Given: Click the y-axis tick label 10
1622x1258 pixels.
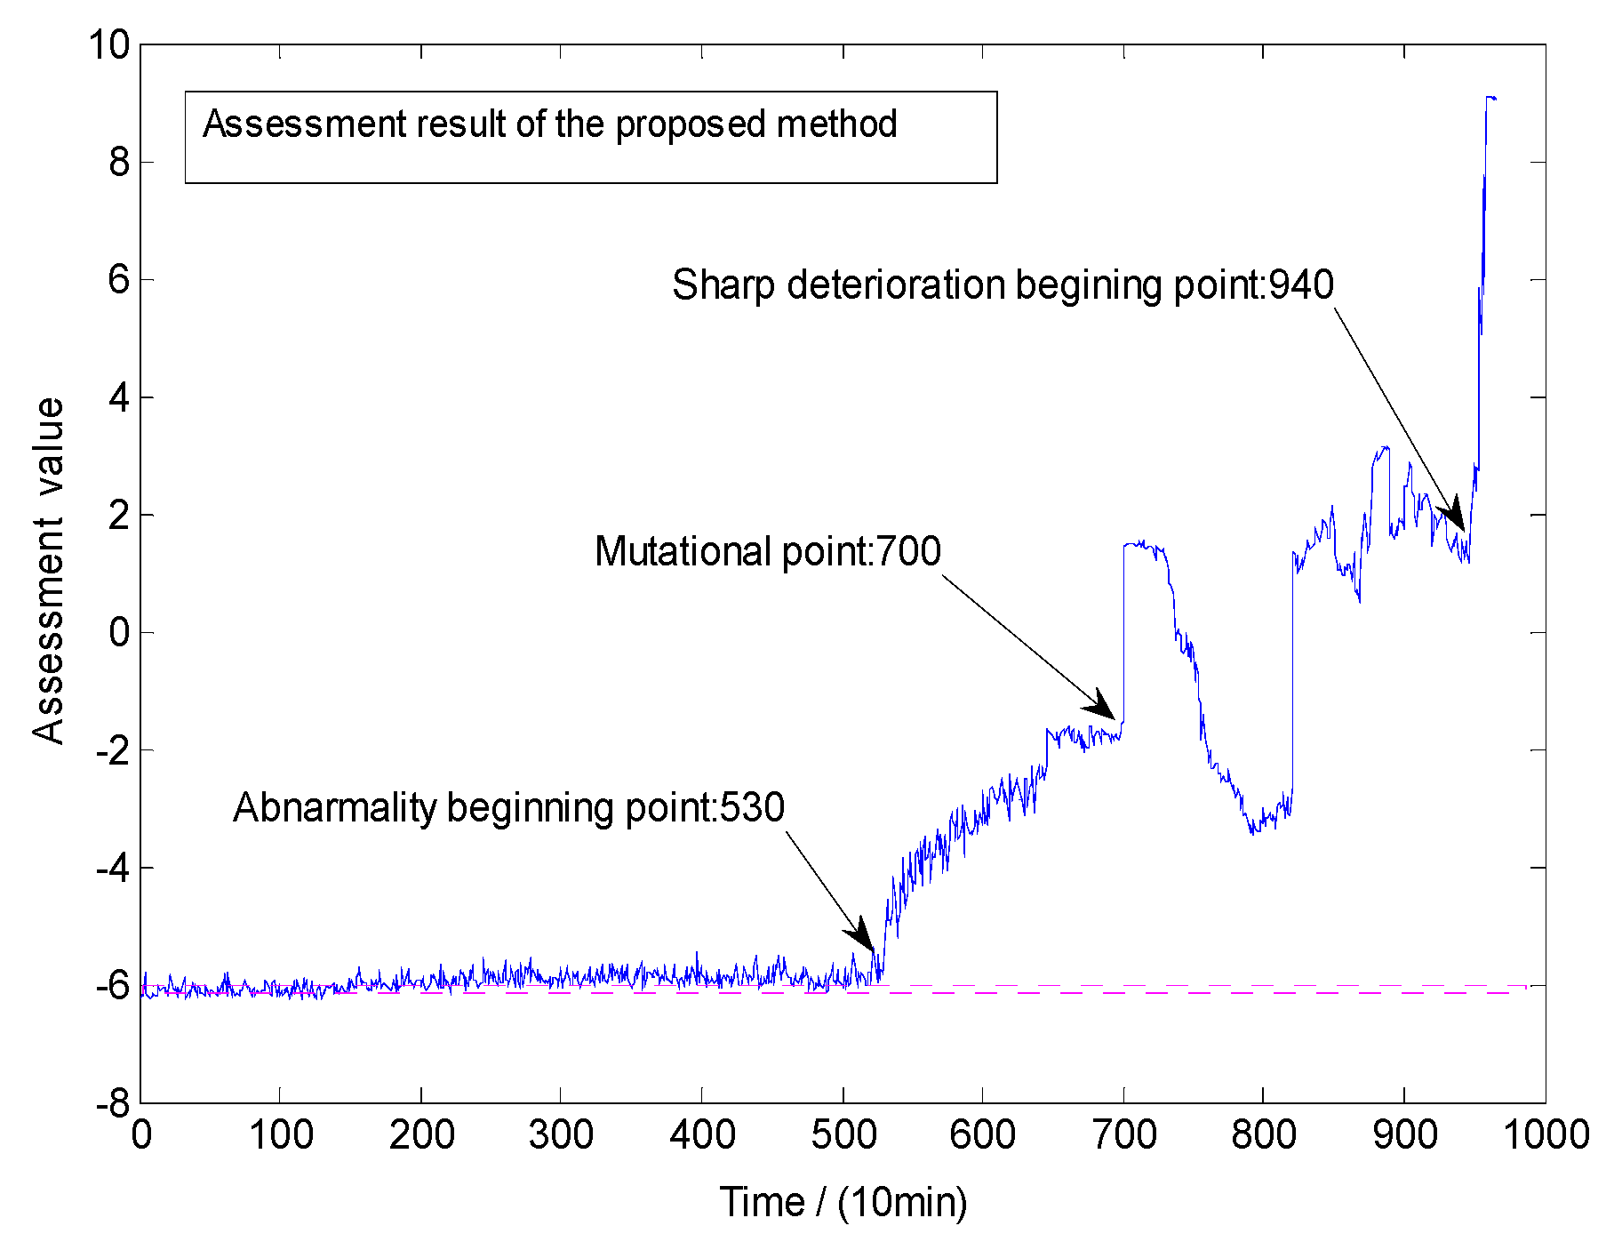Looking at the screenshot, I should pos(108,44).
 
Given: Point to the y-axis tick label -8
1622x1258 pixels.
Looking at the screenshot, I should pos(114,1104).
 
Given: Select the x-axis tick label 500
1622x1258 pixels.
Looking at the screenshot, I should pos(843,1135).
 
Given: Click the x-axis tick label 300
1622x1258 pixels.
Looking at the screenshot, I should pos(562,1135).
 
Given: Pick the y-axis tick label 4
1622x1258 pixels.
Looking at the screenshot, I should pos(119,397).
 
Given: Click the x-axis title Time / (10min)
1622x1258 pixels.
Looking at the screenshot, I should pos(843,1202).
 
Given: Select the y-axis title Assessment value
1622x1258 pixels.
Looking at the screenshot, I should pos(48,571).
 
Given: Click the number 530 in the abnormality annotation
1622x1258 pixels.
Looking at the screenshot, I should pos(752,808).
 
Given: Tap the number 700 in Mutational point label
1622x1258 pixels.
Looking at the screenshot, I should pos(908,551).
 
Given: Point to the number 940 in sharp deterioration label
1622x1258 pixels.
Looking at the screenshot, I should pos(1301,284).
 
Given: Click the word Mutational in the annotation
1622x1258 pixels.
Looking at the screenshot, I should pos(684,551).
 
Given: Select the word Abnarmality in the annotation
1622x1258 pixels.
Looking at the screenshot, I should pos(335,808).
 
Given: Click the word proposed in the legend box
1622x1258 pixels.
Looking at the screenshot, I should pos(691,124).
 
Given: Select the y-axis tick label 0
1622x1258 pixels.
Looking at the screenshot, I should pos(119,633).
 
